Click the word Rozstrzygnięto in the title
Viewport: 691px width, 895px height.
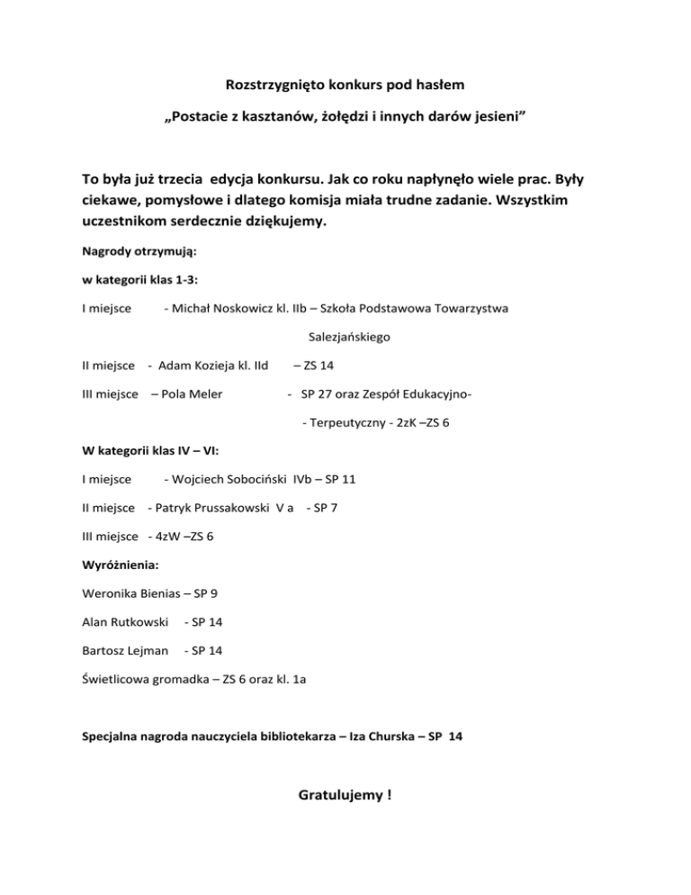coord(268,87)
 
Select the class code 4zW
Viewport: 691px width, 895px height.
coord(166,537)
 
